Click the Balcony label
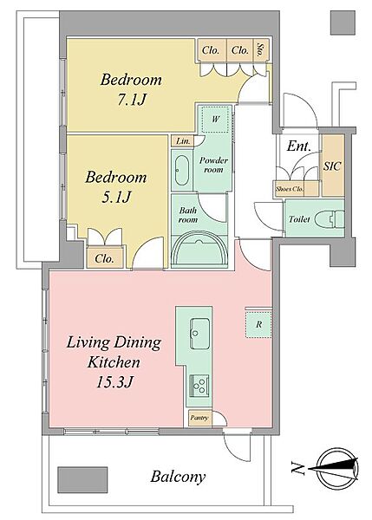(178, 477)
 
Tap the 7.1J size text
(132, 99)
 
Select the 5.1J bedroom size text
(116, 197)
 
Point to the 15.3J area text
(114, 381)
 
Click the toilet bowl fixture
(330, 218)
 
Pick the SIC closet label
(332, 166)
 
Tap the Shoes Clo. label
(290, 189)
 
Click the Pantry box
(199, 418)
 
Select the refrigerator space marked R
(258, 324)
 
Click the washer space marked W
(216, 119)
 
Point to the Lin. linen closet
(183, 141)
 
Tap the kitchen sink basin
(199, 328)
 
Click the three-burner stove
(199, 386)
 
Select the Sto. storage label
(261, 50)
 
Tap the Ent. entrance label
(298, 146)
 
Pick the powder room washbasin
(181, 170)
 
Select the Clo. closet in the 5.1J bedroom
(105, 257)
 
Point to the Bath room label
(188, 215)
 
